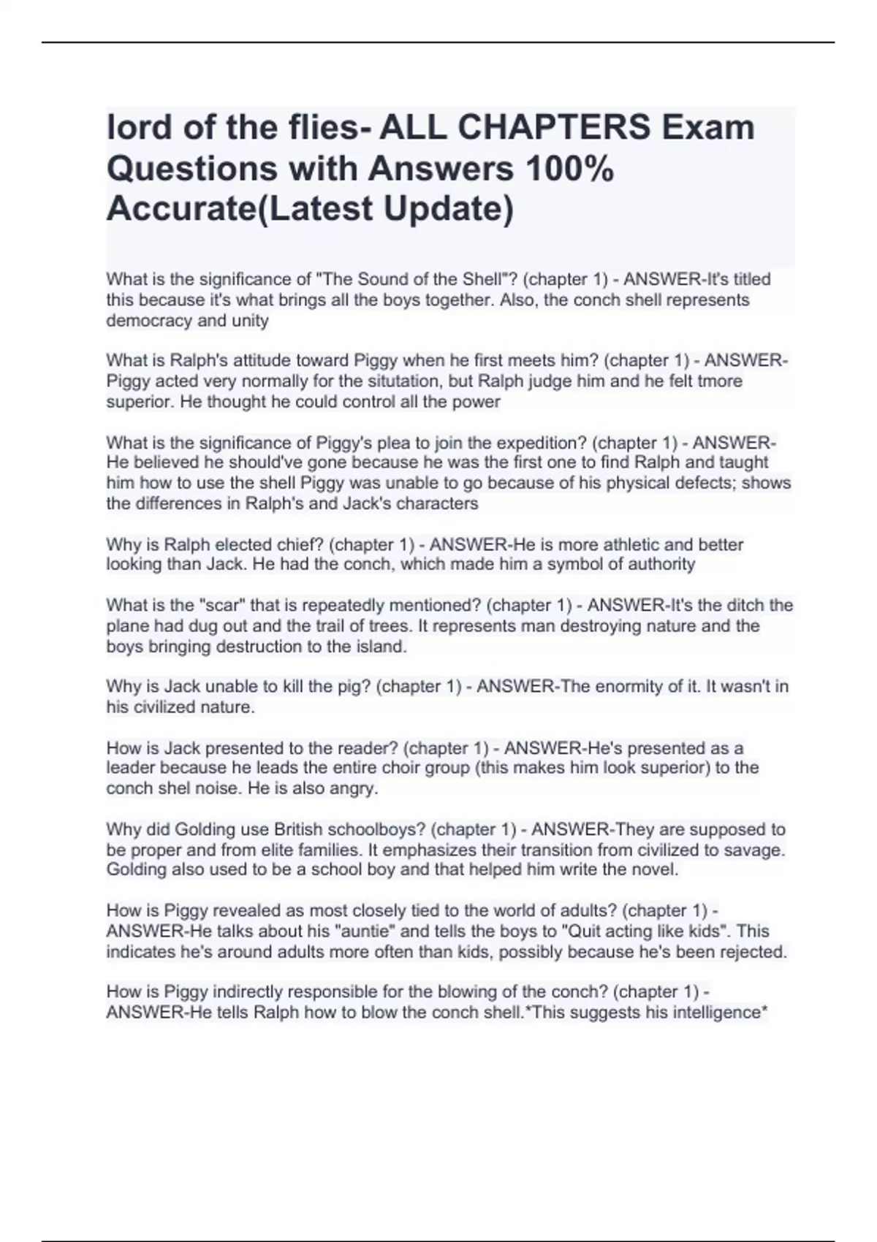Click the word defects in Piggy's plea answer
tap(708, 483)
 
